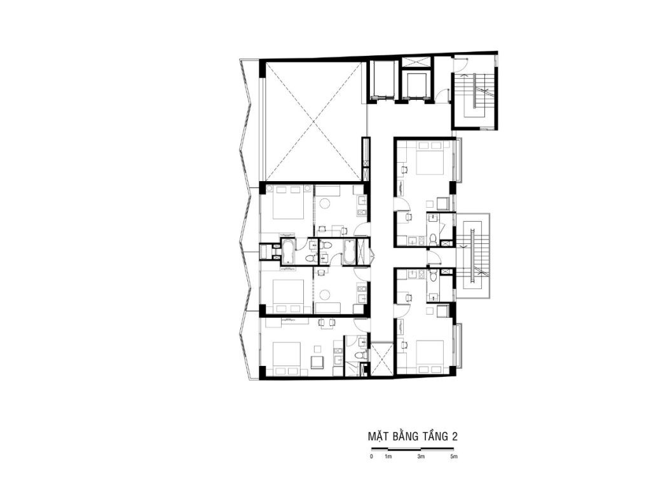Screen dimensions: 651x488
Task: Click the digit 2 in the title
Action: point(455,437)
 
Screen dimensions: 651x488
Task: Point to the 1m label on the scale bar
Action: point(388,457)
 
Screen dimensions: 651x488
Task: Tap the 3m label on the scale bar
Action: point(421,457)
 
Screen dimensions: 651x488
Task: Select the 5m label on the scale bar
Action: point(454,457)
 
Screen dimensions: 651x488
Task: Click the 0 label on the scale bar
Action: point(371,457)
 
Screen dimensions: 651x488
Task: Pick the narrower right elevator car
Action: point(416,85)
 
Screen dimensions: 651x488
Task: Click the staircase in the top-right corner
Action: point(474,95)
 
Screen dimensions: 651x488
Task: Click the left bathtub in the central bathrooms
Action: point(288,251)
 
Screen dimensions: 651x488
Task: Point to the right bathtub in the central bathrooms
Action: point(349,252)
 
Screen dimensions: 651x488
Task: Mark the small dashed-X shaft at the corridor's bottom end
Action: point(381,359)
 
